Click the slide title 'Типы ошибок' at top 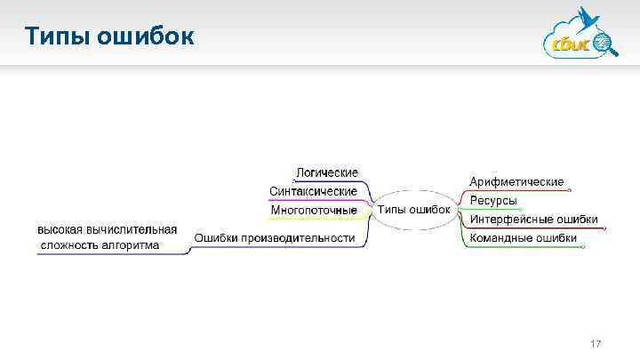107,36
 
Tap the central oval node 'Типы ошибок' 414,210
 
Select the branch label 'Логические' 327,172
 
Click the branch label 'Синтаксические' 313,191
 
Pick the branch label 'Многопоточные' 314,211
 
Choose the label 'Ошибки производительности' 275,237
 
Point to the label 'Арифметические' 516,181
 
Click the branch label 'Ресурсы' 493,201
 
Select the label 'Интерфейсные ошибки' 533,220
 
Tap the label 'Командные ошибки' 523,238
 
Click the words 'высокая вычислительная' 107,229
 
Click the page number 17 596,344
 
